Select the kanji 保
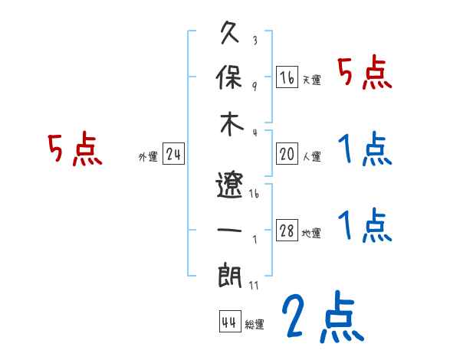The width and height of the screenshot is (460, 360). [x=230, y=77]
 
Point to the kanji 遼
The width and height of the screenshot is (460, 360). [x=229, y=184]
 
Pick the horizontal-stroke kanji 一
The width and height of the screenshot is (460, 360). [x=230, y=229]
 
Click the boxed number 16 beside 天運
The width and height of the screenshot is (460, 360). [x=287, y=77]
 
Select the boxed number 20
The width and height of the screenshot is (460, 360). [x=287, y=155]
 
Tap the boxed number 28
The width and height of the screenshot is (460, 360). [x=287, y=231]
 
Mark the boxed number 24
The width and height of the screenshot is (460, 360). [x=173, y=155]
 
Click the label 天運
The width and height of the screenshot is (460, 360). [x=311, y=80]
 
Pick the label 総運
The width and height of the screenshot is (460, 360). [x=255, y=324]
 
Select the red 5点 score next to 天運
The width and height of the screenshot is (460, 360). [x=365, y=74]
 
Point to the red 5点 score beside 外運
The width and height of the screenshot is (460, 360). [x=74, y=149]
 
